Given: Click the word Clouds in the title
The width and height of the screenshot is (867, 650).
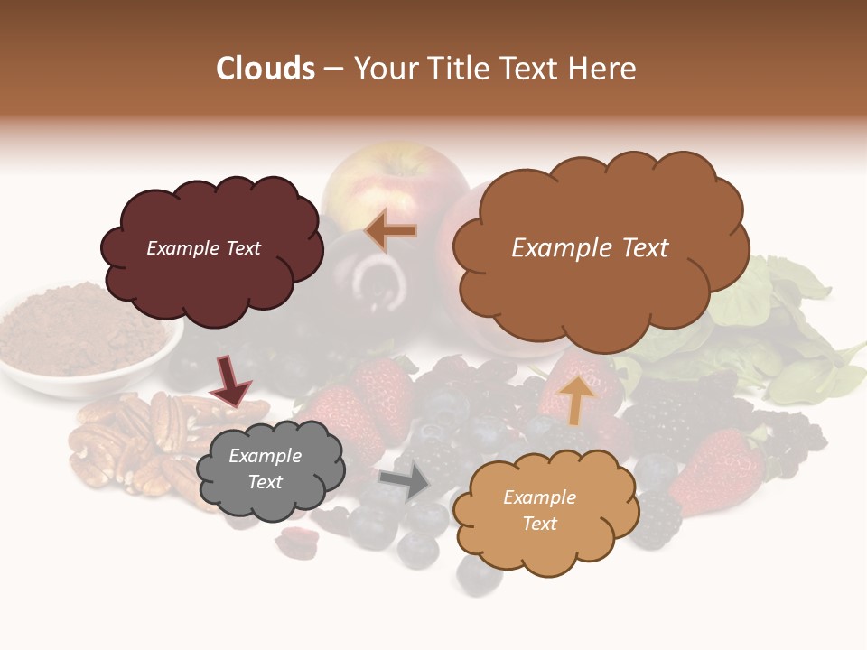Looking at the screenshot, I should (x=266, y=69).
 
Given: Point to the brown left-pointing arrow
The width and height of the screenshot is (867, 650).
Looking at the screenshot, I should (x=391, y=231).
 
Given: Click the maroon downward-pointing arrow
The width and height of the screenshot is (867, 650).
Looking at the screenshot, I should (x=229, y=381).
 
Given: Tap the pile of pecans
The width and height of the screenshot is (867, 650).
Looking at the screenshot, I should (x=135, y=442).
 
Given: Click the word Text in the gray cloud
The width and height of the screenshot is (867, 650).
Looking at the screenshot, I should (x=266, y=482).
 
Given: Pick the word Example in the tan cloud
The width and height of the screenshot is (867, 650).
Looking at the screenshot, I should (x=539, y=497).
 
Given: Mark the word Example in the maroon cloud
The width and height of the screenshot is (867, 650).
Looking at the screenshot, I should (x=178, y=248).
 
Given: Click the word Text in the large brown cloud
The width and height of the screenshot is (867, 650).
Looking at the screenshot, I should (x=638, y=248).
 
